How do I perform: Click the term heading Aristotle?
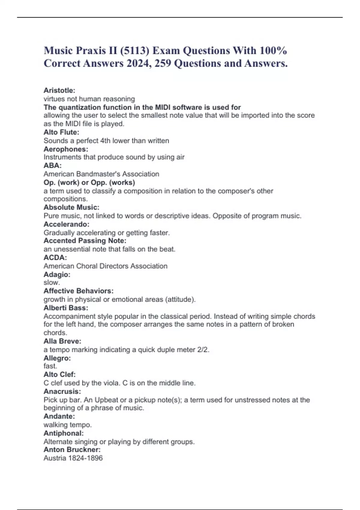coord(59,90)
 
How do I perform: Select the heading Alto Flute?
coord(61,132)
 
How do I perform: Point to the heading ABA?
coord(52,165)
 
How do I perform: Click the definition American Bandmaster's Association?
coord(101,174)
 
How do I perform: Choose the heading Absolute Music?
coord(71,207)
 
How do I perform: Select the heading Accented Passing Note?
coord(85,241)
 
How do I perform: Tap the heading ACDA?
coord(55,257)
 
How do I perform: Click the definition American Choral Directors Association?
coord(106,266)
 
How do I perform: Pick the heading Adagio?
coord(57,274)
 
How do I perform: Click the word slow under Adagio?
coord(51,283)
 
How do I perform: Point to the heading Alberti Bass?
coord(66,308)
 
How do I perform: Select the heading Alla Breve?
coord(62,341)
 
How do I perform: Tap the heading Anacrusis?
coord(62,391)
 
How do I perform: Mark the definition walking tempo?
coord(68,425)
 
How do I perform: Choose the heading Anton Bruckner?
coord(72,450)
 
